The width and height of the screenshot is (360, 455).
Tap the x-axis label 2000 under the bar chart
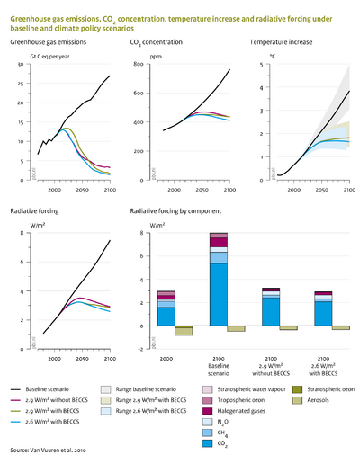click(166, 359)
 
